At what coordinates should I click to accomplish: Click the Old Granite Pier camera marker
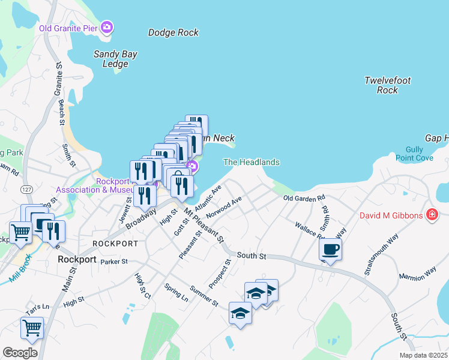click(x=107, y=27)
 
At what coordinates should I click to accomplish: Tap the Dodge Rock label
click(x=173, y=33)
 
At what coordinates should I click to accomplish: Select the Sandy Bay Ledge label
click(x=115, y=59)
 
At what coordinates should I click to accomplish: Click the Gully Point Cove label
click(x=414, y=154)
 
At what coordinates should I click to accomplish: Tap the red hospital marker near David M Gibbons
click(x=431, y=214)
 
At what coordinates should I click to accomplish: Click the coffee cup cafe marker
click(x=330, y=249)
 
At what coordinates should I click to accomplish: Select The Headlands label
click(x=251, y=162)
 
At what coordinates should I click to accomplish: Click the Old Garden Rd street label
click(x=304, y=197)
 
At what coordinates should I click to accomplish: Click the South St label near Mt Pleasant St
click(x=251, y=256)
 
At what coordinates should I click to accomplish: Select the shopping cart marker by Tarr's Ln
click(x=32, y=328)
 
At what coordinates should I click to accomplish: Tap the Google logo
click(x=20, y=352)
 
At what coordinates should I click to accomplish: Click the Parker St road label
click(x=114, y=262)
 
